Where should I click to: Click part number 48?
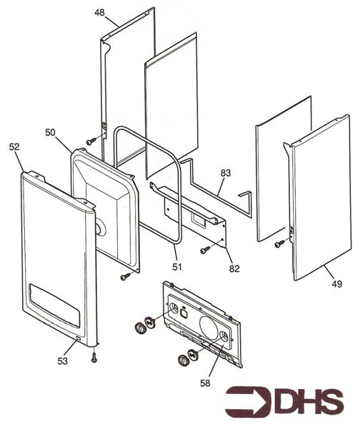[x=99, y=13]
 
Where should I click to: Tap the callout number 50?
[x=50, y=132]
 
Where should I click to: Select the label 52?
[x=14, y=147]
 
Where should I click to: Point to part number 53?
[x=62, y=361]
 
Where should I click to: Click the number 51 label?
[x=177, y=267]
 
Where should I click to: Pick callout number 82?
[x=234, y=269]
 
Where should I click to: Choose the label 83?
[x=226, y=173]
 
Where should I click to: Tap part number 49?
[x=336, y=284]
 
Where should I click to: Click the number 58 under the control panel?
[x=205, y=383]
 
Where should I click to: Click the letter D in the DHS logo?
[x=289, y=402]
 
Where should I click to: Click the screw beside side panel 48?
[x=91, y=142]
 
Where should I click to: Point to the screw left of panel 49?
[x=279, y=244]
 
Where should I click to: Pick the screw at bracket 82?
[x=205, y=250]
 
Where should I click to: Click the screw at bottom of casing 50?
[x=126, y=277]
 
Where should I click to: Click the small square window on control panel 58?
[x=184, y=312]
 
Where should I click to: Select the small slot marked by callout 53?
[x=78, y=339]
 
